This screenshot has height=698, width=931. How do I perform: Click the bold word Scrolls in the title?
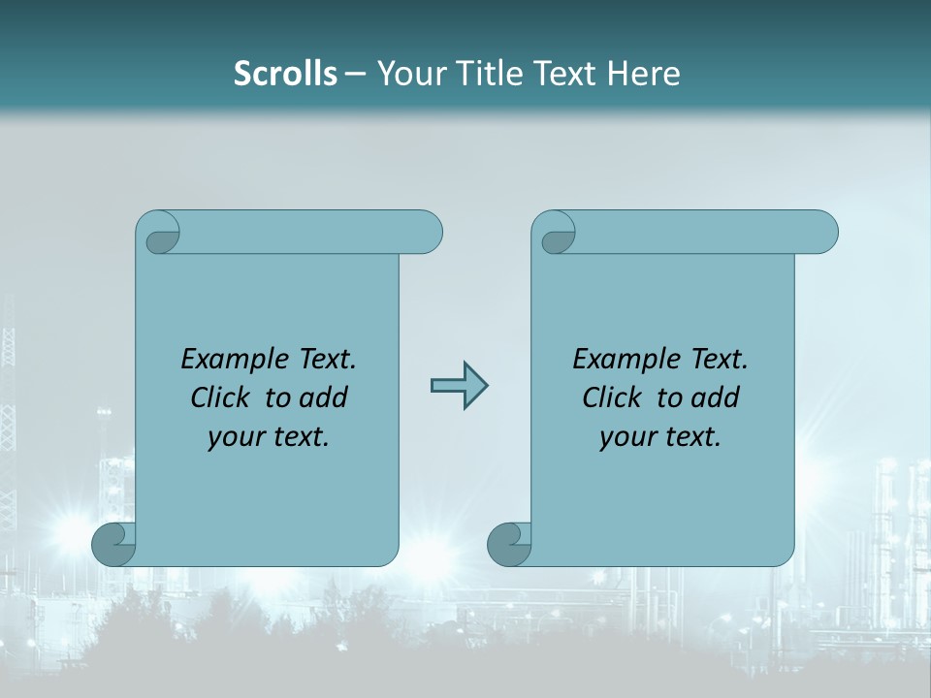click(285, 74)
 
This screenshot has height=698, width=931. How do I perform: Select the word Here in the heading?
click(645, 74)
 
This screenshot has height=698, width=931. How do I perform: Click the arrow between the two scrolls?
click(459, 386)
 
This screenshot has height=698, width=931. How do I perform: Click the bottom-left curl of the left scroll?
click(112, 544)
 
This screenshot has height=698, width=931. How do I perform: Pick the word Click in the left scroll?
click(222, 397)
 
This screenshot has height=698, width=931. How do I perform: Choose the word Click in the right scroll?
click(613, 397)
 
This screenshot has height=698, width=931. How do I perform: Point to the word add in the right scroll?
click(717, 397)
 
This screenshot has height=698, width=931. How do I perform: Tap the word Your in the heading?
click(408, 74)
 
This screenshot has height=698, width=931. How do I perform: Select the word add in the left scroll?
click(325, 397)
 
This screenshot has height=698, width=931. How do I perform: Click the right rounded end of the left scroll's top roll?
click(427, 233)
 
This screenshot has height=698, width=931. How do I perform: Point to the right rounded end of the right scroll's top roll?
click(822, 233)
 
